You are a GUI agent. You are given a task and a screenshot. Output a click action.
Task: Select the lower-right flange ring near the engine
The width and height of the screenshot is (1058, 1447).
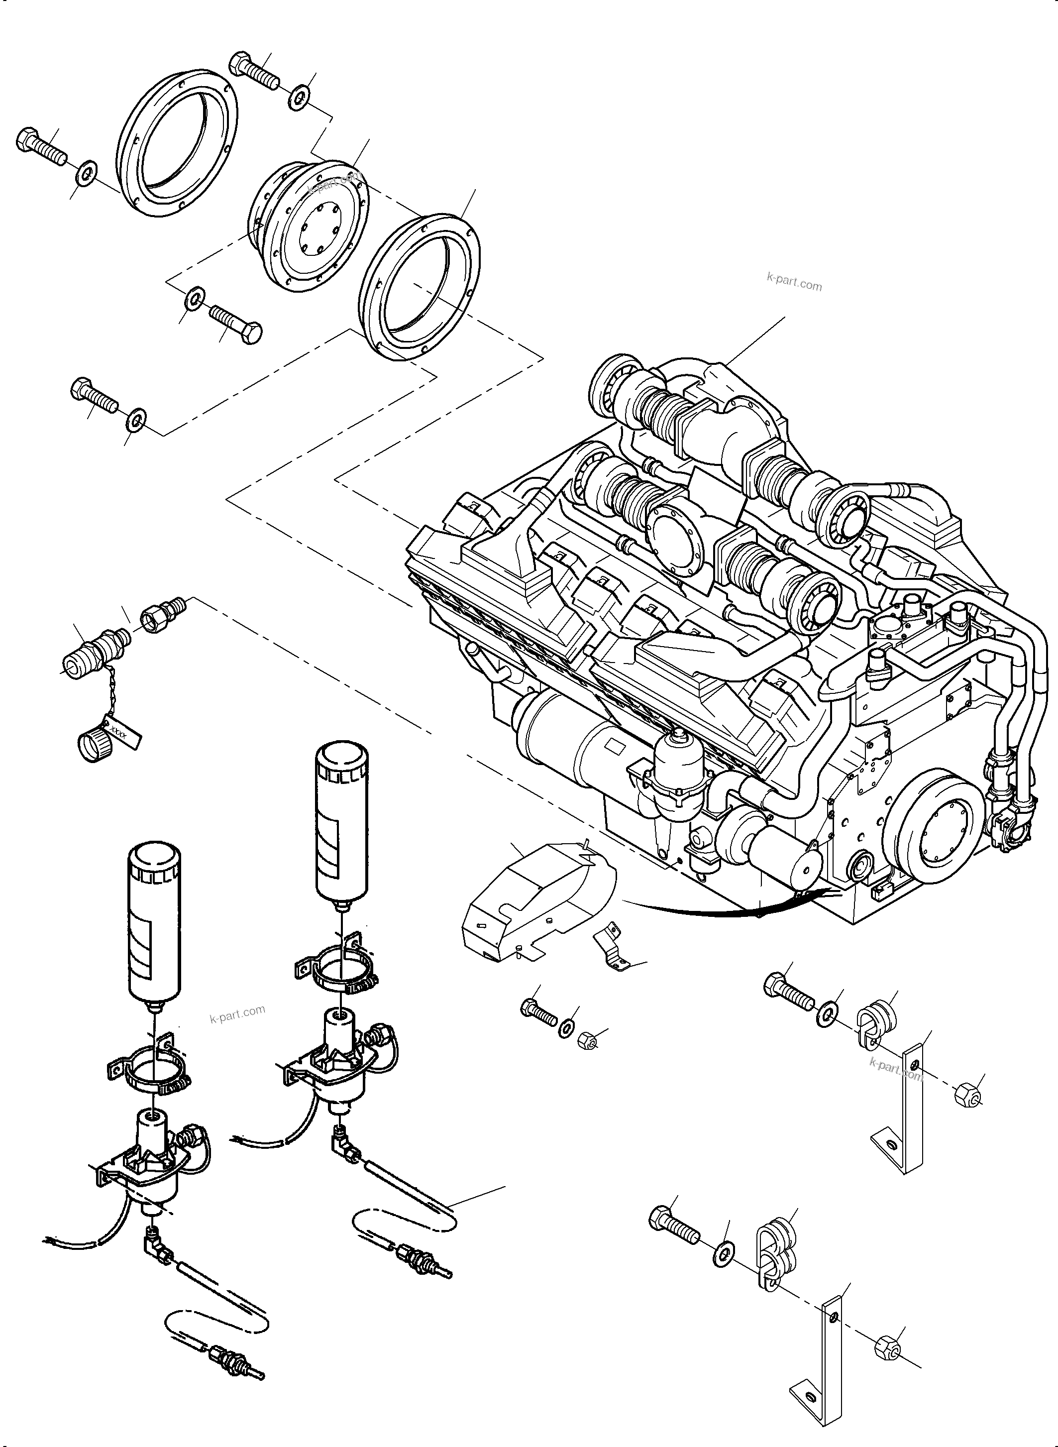coord(420,287)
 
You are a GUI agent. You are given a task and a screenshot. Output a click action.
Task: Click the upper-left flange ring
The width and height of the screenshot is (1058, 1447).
coord(178,146)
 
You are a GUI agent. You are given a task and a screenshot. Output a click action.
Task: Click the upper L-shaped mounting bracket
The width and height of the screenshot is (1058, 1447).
coord(904,1110)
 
